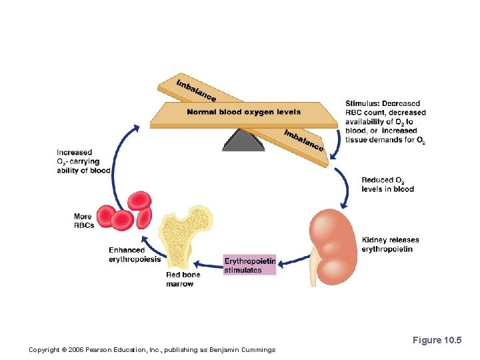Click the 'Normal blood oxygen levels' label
pos(243,112)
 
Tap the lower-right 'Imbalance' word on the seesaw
pos(303,139)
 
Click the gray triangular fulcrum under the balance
pos(243,140)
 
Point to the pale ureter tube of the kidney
pos(314,267)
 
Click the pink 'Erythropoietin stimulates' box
pos(249,265)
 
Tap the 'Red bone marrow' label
pos(182,279)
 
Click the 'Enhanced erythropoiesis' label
pos(134,255)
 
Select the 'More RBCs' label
pos(84,221)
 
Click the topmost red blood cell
pos(139,201)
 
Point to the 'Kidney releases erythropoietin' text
pos(390,245)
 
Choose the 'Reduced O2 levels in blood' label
pos(387,185)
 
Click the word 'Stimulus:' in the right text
pos(363,104)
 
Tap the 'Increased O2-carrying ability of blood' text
pos(83,161)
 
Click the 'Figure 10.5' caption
pos(437,340)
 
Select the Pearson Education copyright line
pos(152,349)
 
